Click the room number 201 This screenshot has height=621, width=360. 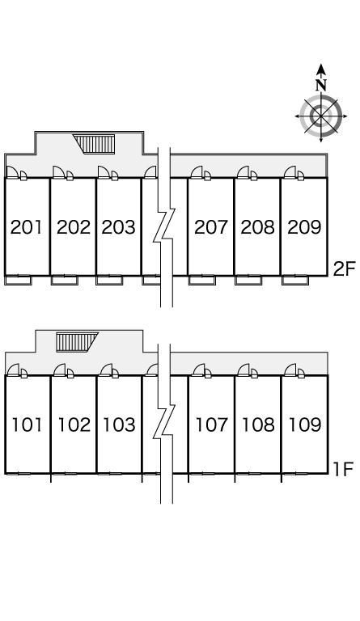(x=26, y=227)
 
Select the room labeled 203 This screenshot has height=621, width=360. (x=118, y=227)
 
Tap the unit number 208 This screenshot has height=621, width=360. (x=257, y=227)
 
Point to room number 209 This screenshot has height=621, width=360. (x=304, y=227)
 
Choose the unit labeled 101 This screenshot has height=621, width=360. (x=27, y=425)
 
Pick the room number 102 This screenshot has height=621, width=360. (x=74, y=425)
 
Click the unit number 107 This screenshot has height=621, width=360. (x=212, y=425)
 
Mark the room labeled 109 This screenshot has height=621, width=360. (x=305, y=425)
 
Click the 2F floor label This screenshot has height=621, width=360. (x=344, y=269)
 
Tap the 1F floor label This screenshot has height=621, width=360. (x=343, y=469)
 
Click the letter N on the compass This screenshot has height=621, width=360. (x=321, y=85)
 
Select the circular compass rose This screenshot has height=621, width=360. (x=321, y=116)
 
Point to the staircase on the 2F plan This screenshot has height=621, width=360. (x=95, y=144)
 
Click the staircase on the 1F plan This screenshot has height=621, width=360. (x=77, y=342)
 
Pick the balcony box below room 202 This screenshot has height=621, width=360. (x=65, y=280)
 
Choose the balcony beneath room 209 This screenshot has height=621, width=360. (x=295, y=280)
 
